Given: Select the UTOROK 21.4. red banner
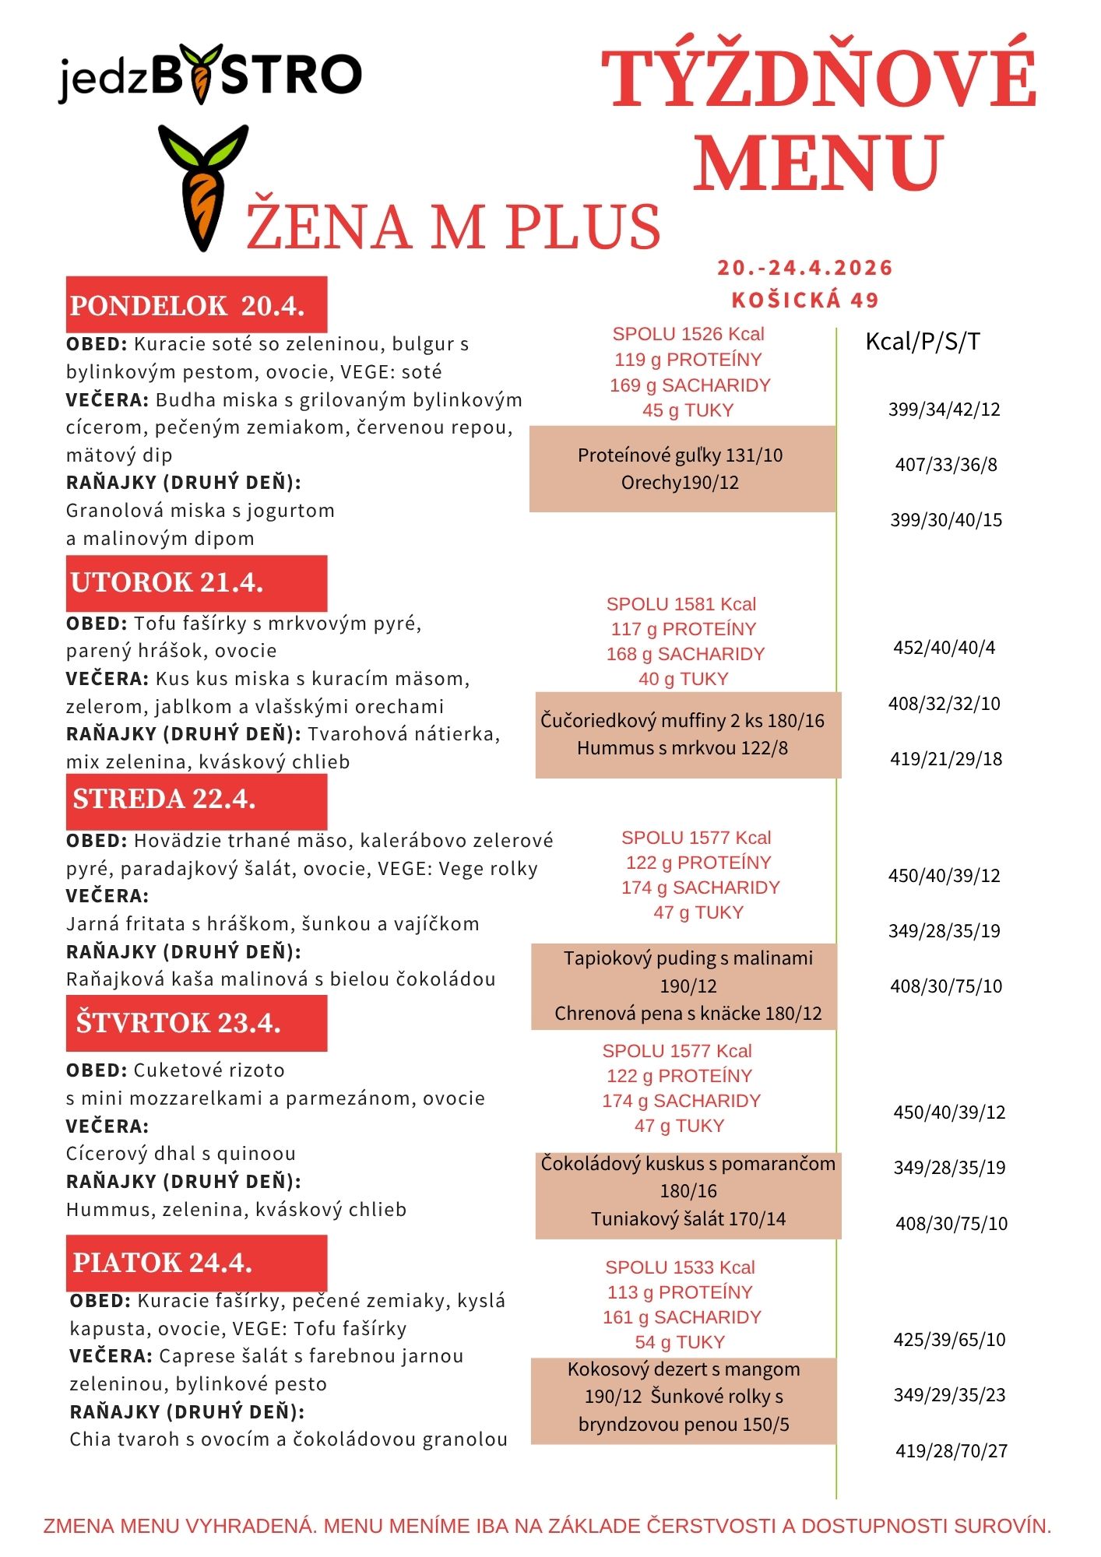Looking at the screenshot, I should [x=195, y=582].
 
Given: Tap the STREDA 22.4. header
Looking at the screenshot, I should [x=195, y=800].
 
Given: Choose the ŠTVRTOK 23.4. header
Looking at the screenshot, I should [x=195, y=1022].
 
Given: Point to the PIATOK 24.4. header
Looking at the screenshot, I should [x=195, y=1262].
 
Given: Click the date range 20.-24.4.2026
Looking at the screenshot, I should [x=805, y=268].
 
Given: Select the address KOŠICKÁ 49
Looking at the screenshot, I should [x=805, y=300].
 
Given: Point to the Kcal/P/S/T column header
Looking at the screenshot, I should [x=923, y=341].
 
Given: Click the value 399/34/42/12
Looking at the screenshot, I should [x=944, y=409].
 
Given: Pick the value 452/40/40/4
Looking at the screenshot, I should [x=944, y=648].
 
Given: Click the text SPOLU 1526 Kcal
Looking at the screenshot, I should [x=688, y=334].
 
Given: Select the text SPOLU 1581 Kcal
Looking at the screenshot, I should [x=681, y=604].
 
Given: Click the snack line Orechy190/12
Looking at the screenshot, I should [x=680, y=483].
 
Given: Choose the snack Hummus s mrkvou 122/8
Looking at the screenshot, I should [x=682, y=748].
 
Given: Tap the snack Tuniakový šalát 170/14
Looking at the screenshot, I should [x=688, y=1218].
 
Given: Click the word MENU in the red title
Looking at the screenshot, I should [x=818, y=163].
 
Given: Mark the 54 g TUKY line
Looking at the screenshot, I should [x=680, y=1341].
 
